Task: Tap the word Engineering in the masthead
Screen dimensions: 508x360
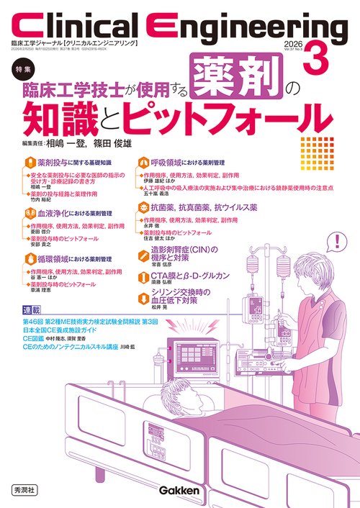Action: (x=256, y=27)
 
